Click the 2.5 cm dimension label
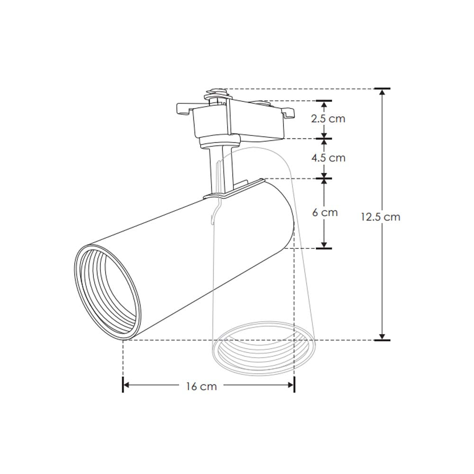click(x=328, y=118)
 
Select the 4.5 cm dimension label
click(x=328, y=157)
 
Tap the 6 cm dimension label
click(x=325, y=212)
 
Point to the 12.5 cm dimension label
click(x=380, y=217)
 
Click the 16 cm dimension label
click(x=201, y=386)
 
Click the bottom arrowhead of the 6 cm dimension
click(x=324, y=245)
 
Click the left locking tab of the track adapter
click(x=182, y=108)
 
